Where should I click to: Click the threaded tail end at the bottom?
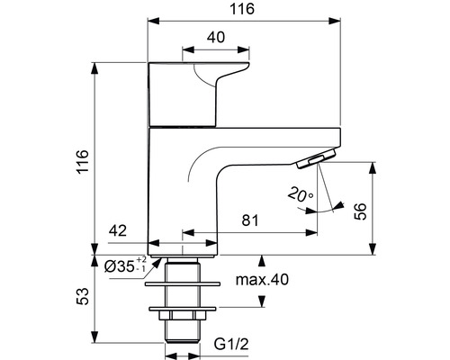point(184,341)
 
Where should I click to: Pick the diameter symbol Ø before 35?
point(109,267)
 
